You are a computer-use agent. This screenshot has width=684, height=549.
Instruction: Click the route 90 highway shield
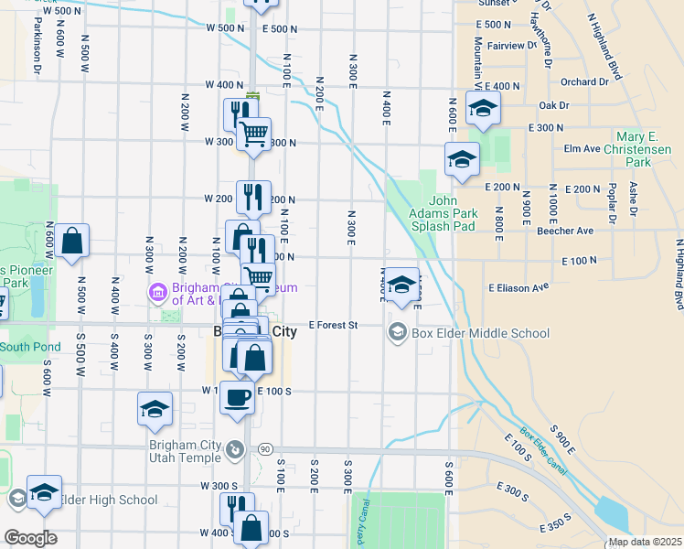coord(265,449)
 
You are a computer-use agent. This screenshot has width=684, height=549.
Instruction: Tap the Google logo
coord(29,538)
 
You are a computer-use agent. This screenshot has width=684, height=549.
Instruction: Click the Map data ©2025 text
coord(645,542)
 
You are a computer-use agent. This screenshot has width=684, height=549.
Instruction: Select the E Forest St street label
coord(332,325)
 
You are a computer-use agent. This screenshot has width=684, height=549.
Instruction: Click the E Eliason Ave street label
coord(518,287)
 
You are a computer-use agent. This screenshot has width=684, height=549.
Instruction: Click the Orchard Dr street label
coord(584,81)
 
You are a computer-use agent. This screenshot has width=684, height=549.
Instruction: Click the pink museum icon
coord(156,293)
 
